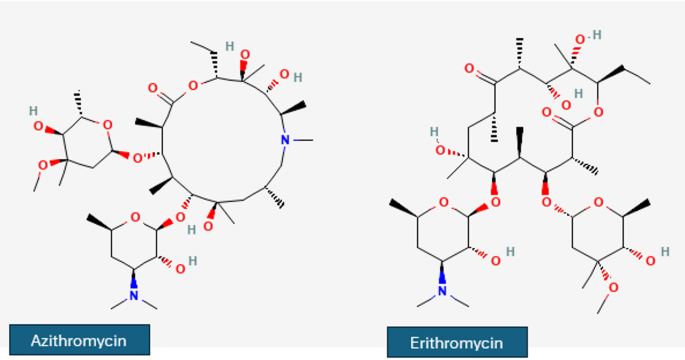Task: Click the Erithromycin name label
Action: [x=457, y=341]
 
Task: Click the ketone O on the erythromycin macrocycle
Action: [x=471, y=70]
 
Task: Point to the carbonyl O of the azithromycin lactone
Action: [x=153, y=87]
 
